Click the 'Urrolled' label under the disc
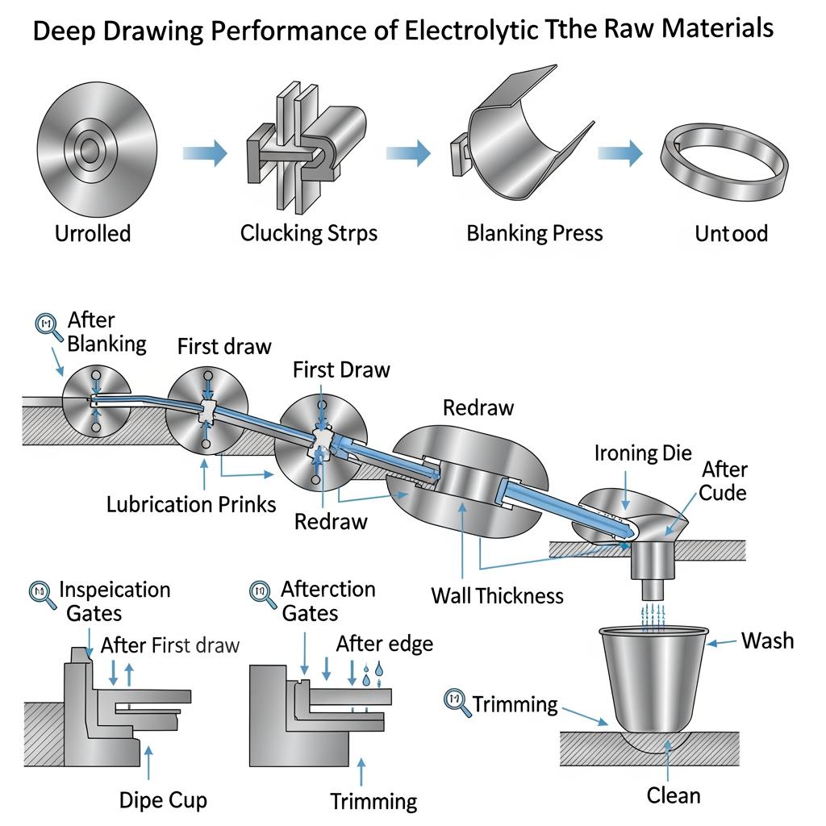92,234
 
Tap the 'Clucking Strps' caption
309,233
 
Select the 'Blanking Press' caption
534,233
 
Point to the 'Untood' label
731,234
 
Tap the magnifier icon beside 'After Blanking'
50,326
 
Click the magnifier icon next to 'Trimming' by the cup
457,700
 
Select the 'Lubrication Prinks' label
191,505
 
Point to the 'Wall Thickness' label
497,596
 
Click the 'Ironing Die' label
643,453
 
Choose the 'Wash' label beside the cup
767,641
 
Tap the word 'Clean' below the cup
674,796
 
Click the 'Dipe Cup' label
163,800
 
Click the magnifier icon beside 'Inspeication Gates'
40,593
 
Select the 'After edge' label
384,644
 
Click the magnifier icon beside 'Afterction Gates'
261,593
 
